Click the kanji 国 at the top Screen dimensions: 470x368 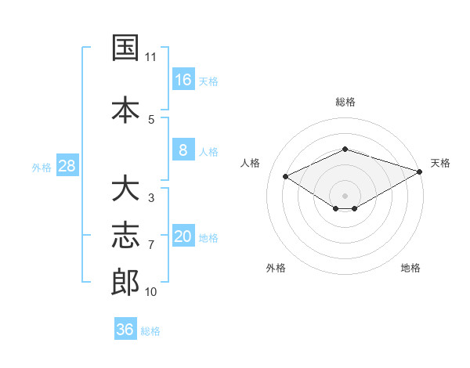tap(125, 47)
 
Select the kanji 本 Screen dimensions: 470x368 tap(125, 110)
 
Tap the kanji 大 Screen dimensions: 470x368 tap(125, 188)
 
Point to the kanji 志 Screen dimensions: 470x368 tap(125, 235)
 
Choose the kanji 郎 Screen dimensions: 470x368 tap(125, 282)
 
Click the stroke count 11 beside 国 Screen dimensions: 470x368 tap(150, 57)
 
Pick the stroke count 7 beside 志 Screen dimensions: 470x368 tap(151, 245)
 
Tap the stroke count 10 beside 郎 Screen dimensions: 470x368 tap(150, 292)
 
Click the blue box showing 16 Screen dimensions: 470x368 tap(183, 79)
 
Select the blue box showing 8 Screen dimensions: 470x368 tap(183, 150)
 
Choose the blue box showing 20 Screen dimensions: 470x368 tap(183, 235)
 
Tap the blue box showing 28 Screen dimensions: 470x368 tap(67, 165)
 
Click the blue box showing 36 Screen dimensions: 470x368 tap(125, 328)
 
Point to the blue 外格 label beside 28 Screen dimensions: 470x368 tap(42, 168)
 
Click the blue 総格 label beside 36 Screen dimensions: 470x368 tap(150, 331)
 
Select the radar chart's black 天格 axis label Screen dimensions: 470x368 tap(440, 163)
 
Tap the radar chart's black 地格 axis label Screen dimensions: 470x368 tap(410, 268)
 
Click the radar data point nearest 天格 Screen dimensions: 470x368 tap(420, 171)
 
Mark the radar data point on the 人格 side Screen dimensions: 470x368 tap(286, 176)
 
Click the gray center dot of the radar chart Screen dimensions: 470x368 tap(345, 196)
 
